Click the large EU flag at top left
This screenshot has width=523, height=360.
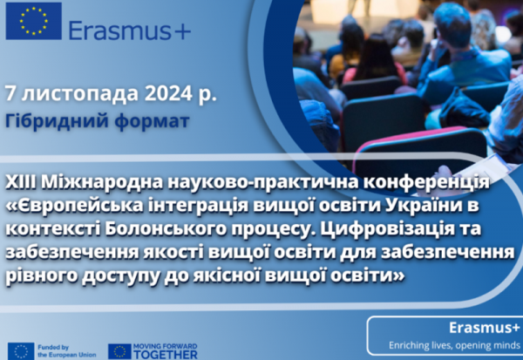point(34,21)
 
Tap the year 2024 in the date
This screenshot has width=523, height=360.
point(168,94)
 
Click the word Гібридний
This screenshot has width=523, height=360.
point(57,121)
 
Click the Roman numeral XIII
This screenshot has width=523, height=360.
point(21,182)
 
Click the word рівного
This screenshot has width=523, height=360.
point(41,277)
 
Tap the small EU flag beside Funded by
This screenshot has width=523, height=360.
point(21,351)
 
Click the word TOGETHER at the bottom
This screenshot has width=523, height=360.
point(166,355)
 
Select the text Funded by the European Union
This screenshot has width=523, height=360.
point(67,351)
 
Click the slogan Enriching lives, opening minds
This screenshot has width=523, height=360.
point(454,345)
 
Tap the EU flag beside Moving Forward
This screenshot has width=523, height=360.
point(119,351)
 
